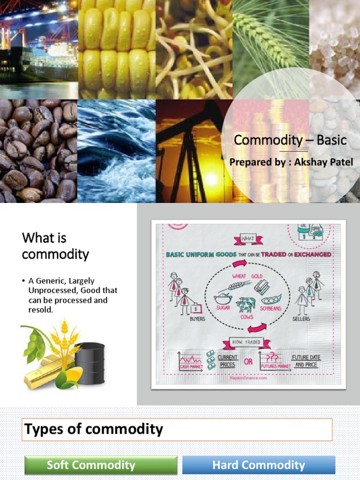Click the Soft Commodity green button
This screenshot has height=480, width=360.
click(x=101, y=465)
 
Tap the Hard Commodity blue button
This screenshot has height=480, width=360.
click(x=258, y=465)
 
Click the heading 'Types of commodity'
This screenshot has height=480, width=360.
click(x=94, y=429)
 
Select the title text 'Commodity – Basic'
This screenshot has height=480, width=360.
click(x=290, y=140)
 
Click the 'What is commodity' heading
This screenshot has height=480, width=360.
click(x=55, y=246)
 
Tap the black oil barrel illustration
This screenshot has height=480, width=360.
click(x=90, y=363)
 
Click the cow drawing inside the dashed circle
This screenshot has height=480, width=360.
click(x=246, y=305)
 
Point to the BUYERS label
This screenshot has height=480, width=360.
click(x=197, y=319)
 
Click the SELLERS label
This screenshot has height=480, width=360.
click(x=301, y=319)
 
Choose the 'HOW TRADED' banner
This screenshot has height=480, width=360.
click(x=247, y=342)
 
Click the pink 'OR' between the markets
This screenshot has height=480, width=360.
click(x=248, y=361)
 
